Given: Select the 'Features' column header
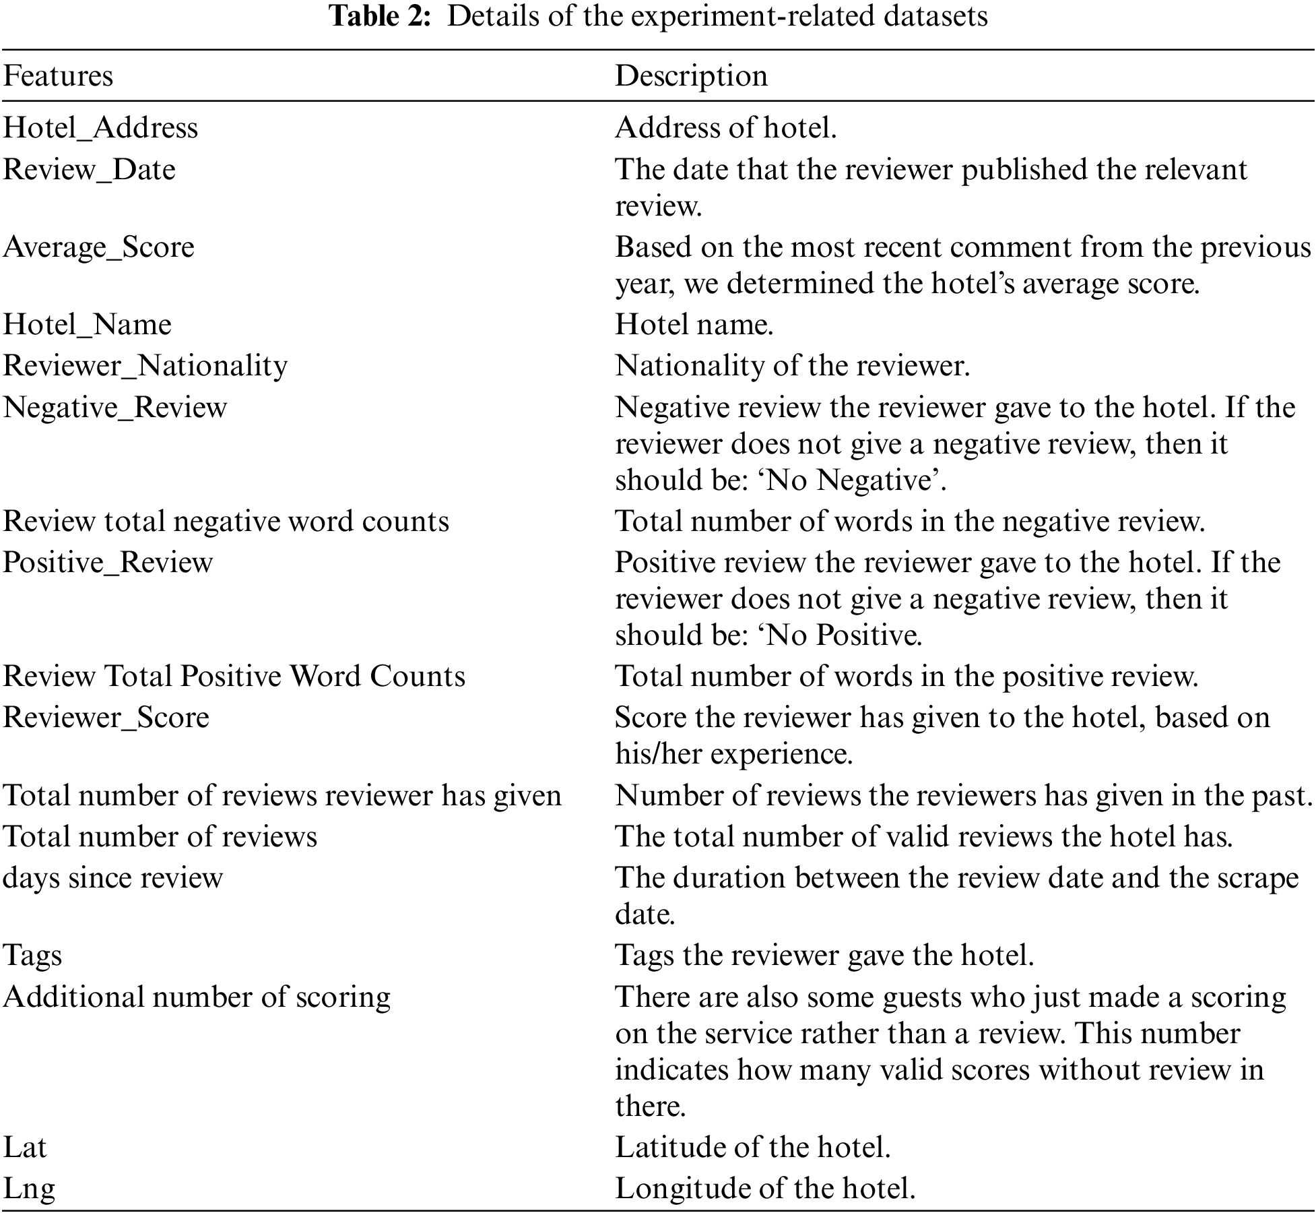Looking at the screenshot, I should click(x=58, y=75).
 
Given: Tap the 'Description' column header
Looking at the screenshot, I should click(x=691, y=75).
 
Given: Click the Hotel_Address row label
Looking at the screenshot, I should click(x=100, y=128).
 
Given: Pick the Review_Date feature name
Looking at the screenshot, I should click(x=89, y=169).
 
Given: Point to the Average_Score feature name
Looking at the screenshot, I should click(x=98, y=247).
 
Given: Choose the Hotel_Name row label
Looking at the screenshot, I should click(x=87, y=325).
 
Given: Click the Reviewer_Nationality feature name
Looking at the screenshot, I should click(x=145, y=366).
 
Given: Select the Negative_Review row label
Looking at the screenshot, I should click(x=115, y=407).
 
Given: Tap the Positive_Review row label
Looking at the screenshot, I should click(x=108, y=562).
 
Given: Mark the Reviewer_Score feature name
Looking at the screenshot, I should click(x=106, y=717).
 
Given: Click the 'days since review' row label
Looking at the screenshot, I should click(x=112, y=878).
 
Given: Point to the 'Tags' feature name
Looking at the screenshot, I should click(x=32, y=956).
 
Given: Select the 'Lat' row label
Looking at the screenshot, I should click(x=25, y=1147).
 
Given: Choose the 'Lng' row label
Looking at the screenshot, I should click(x=29, y=1188).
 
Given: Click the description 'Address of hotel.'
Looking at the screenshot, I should click(x=725, y=128).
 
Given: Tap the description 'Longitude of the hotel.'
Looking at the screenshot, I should click(x=765, y=1188).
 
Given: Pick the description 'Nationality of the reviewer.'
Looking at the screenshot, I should click(x=792, y=366).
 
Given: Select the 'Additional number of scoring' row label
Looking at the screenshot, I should click(x=197, y=997).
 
